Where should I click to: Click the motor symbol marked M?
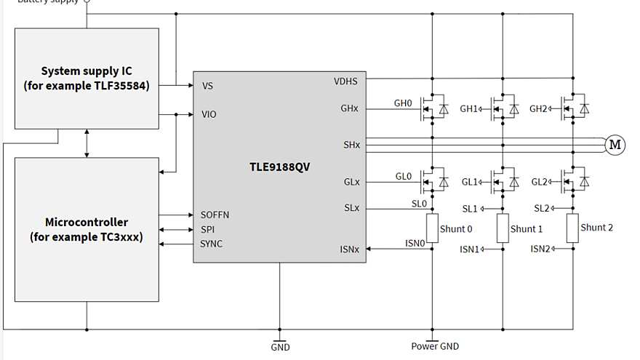[615, 145]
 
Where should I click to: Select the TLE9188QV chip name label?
[279, 167]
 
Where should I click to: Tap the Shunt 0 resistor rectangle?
[432, 229]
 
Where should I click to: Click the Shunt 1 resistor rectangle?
[503, 229]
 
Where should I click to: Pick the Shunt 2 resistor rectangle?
[572, 228]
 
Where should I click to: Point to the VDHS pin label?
[346, 81]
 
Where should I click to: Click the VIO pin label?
[209, 114]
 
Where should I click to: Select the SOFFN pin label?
[215, 215]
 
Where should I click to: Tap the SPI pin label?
[208, 229]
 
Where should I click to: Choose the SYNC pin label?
[212, 244]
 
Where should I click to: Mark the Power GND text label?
[435, 347]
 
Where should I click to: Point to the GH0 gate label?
[403, 104]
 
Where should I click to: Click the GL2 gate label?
[539, 182]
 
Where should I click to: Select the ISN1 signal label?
[469, 249]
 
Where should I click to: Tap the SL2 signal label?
[541, 208]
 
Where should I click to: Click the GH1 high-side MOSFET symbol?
[502, 108]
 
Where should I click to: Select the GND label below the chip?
[280, 347]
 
